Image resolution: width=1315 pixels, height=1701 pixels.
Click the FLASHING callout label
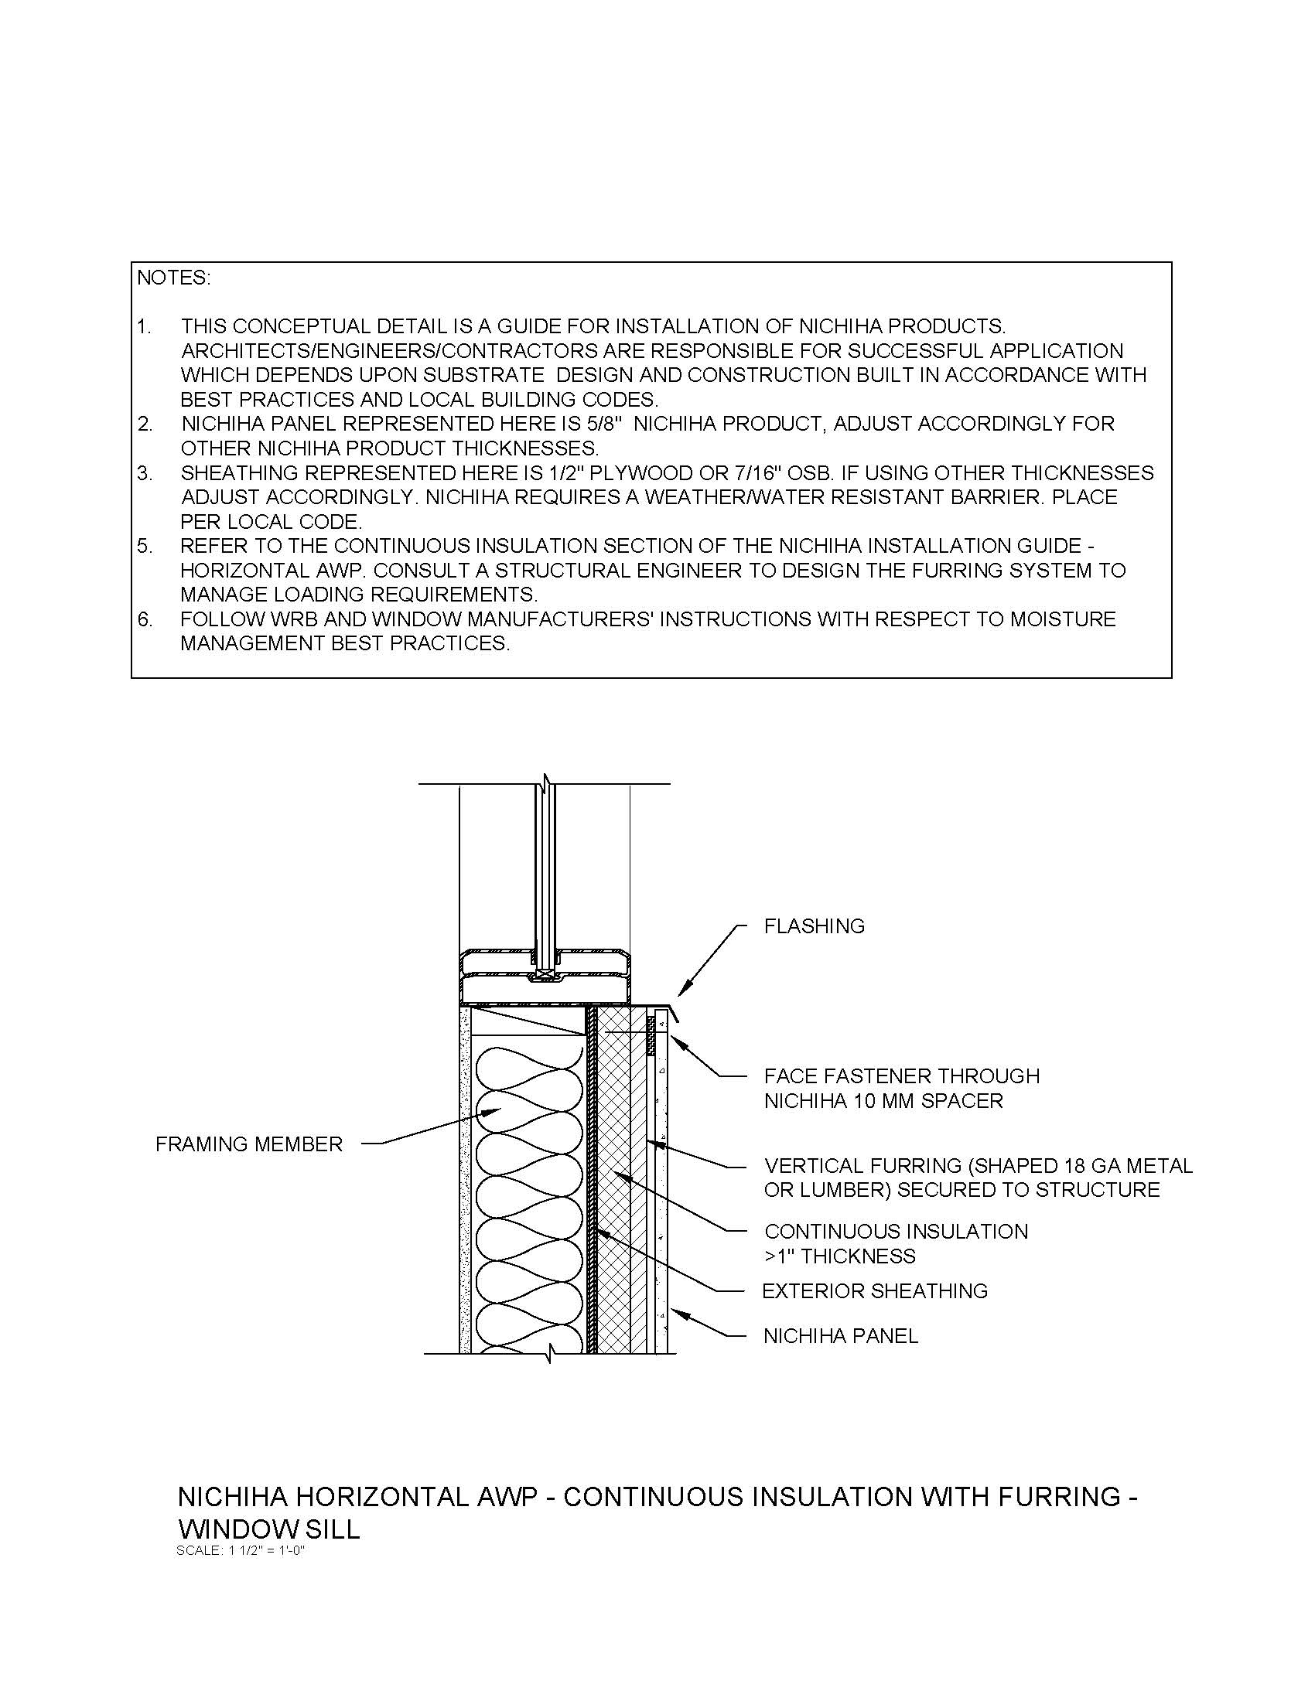814,926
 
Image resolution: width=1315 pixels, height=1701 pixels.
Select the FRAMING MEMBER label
248,1144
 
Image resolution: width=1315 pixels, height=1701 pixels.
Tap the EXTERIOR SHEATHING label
874,1290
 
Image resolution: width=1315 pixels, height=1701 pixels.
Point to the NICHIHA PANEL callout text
841,1336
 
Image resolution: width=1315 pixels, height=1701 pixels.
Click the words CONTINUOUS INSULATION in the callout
896,1232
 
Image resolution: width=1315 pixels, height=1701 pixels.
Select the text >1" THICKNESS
840,1256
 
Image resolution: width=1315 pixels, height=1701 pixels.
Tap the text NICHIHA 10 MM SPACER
883,1100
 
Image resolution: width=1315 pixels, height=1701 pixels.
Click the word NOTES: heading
174,278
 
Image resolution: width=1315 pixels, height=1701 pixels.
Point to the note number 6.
145,619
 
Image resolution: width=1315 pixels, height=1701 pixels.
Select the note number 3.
145,472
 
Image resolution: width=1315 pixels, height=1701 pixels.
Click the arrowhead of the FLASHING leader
680,994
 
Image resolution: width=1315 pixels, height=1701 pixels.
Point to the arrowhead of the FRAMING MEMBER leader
499,1110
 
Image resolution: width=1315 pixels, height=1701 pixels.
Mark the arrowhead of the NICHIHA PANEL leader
673,1311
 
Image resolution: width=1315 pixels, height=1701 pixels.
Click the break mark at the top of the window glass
547,781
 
